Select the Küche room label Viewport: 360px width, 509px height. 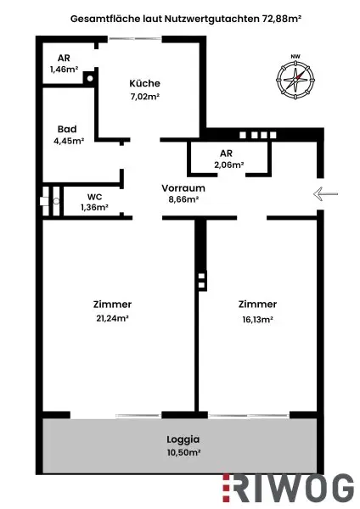144,84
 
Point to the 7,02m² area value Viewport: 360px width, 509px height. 144,97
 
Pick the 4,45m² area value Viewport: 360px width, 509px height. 69,142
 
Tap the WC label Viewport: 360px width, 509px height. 94,196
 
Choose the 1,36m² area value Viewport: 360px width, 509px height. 95,207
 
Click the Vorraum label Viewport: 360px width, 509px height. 183,187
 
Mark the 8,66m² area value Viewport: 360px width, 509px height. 183,200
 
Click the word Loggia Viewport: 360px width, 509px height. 183,439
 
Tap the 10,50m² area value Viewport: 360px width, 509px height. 183,454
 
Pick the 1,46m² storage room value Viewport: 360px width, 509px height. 64,70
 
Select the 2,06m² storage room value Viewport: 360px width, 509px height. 229,165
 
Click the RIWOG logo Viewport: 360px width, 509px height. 288,487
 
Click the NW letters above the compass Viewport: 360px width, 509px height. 295,58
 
